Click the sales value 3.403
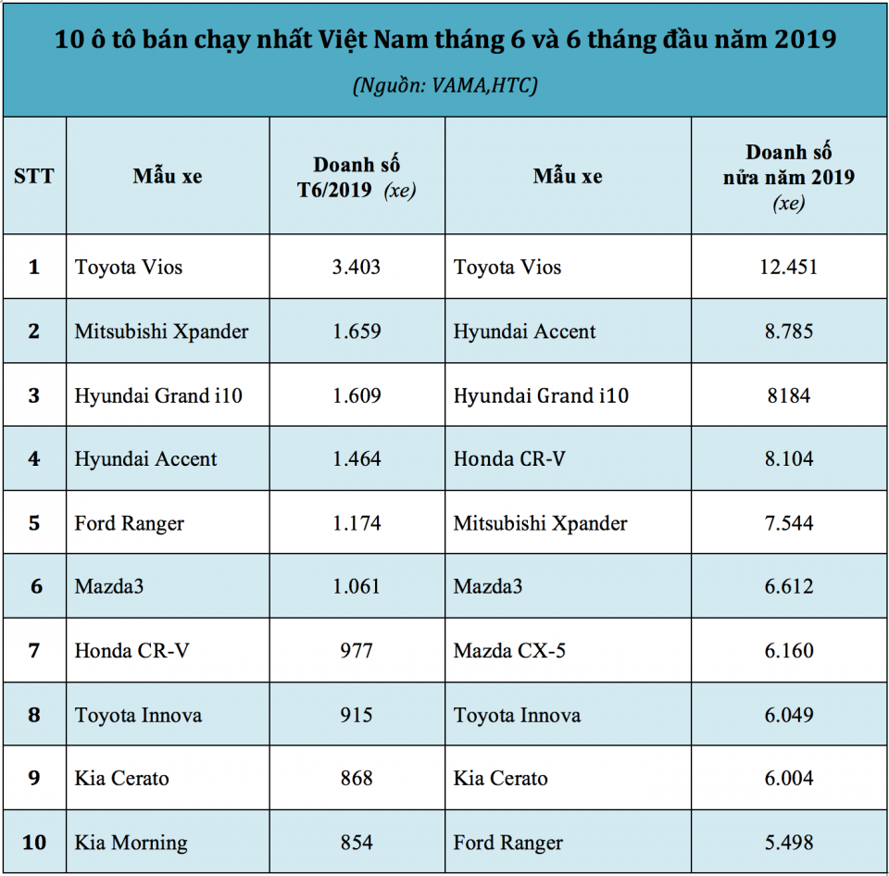click(x=357, y=268)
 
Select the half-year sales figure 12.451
click(x=788, y=268)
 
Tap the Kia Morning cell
click(x=131, y=843)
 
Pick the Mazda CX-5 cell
click(x=509, y=651)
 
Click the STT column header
click(x=34, y=176)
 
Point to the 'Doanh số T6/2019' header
click(x=357, y=177)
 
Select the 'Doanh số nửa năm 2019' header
click(x=789, y=176)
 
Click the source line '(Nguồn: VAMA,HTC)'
click(x=445, y=85)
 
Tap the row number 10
click(x=34, y=843)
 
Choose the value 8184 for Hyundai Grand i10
click(x=788, y=395)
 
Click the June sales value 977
click(x=357, y=651)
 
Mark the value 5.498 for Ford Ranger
click(x=788, y=843)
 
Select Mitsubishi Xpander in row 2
click(x=161, y=332)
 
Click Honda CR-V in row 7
click(x=131, y=651)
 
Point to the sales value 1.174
click(x=357, y=523)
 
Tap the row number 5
click(x=34, y=523)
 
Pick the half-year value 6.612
click(x=788, y=587)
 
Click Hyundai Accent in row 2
click(x=524, y=332)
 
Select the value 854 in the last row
click(x=357, y=843)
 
